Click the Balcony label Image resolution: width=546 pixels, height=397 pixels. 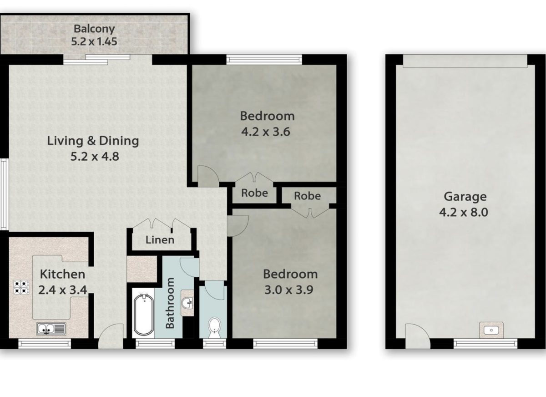pos(94,29)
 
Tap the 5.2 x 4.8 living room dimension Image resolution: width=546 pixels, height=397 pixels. pos(95,156)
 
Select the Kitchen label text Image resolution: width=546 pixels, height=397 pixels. pos(62,274)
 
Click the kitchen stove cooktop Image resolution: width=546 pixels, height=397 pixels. pos(21,287)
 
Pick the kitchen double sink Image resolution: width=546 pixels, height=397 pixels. pos(51,329)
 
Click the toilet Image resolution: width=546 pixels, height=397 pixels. pos(214,328)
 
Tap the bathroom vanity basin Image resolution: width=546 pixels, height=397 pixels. pos(187,303)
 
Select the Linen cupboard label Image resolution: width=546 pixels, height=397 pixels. pos(160,240)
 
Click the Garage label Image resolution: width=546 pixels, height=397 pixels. pos(465,197)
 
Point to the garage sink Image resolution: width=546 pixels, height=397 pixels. pos(491,330)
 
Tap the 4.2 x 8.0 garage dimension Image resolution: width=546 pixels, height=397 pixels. pos(464,212)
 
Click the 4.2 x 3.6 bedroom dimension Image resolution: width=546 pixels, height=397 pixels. pos(266,132)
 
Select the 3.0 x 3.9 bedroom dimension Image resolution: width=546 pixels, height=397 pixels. pos(289,290)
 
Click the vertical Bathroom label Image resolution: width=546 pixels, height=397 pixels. pos(170,303)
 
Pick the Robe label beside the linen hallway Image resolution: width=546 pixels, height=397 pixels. pos(254,193)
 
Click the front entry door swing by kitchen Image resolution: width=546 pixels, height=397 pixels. pos(111,336)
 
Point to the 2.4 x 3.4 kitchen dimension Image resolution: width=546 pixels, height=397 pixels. pos(63,290)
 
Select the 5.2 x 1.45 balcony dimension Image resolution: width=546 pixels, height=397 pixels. pos(94,41)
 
